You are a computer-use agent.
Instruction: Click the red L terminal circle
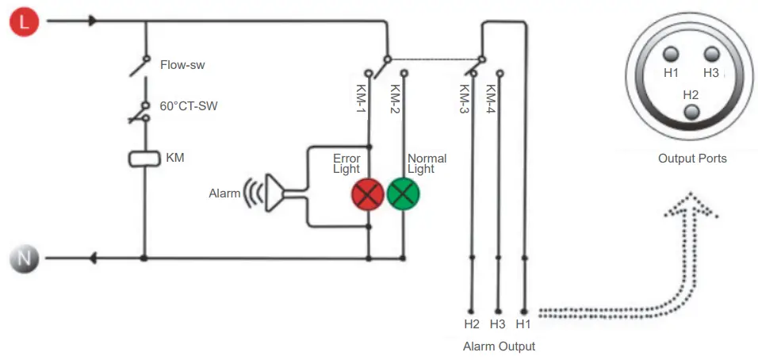point(24,22)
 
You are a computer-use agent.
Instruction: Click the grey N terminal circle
point(24,258)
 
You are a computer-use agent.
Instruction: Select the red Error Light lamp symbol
point(368,193)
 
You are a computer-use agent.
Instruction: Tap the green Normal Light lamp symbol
point(403,193)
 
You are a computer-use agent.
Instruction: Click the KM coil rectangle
point(144,159)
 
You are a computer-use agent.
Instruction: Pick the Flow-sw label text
point(182,64)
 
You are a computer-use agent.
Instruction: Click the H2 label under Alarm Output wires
point(472,324)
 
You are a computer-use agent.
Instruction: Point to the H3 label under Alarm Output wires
point(497,324)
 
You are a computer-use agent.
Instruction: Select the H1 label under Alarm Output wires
point(523,324)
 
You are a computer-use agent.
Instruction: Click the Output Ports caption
point(691,159)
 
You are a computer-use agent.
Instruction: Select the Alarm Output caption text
point(499,347)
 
